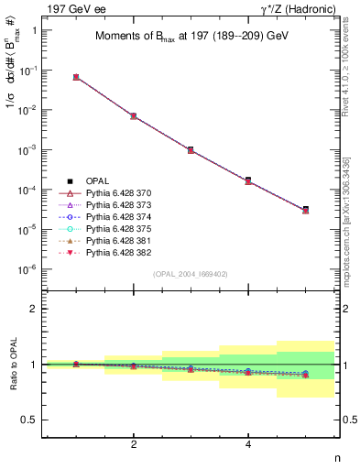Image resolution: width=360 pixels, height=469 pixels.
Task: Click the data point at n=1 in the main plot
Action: (x=76, y=77)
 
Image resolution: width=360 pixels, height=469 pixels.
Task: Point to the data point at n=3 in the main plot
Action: (x=191, y=149)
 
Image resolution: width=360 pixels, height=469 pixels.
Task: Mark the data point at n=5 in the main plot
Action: (x=305, y=210)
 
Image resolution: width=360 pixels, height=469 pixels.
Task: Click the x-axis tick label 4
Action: (x=248, y=444)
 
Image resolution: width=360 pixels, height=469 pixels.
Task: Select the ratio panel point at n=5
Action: (x=305, y=375)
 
